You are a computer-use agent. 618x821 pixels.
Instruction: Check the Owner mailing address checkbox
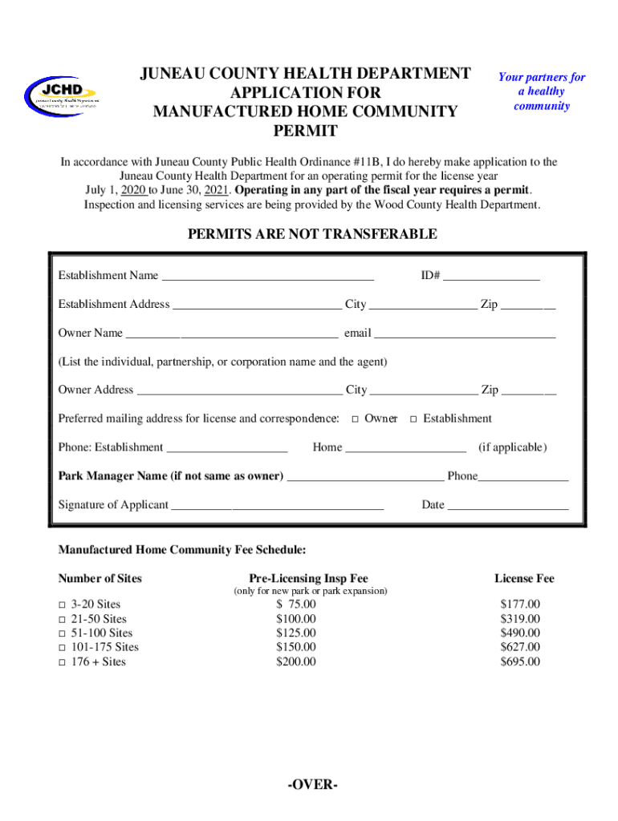pyautogui.click(x=355, y=419)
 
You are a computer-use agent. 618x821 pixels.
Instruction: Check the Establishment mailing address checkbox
pyautogui.click(x=413, y=419)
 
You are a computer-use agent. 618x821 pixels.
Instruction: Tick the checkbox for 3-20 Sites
pyautogui.click(x=62, y=605)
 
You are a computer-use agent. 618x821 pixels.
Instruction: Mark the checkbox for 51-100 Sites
pyautogui.click(x=62, y=633)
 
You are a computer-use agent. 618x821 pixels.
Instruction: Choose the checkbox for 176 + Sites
pyautogui.click(x=62, y=662)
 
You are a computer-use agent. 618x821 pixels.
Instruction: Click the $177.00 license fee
pyautogui.click(x=520, y=604)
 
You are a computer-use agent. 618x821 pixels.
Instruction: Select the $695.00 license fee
pyautogui.click(x=520, y=661)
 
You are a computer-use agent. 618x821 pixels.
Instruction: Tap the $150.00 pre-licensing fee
pyautogui.click(x=296, y=647)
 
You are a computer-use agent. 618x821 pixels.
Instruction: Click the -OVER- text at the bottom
pyautogui.click(x=312, y=784)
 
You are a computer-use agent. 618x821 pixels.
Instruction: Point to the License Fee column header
pyautogui.click(x=524, y=578)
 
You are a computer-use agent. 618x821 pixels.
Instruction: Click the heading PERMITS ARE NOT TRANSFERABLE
pyautogui.click(x=312, y=234)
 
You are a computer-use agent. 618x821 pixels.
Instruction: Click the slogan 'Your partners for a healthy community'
pyautogui.click(x=542, y=91)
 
